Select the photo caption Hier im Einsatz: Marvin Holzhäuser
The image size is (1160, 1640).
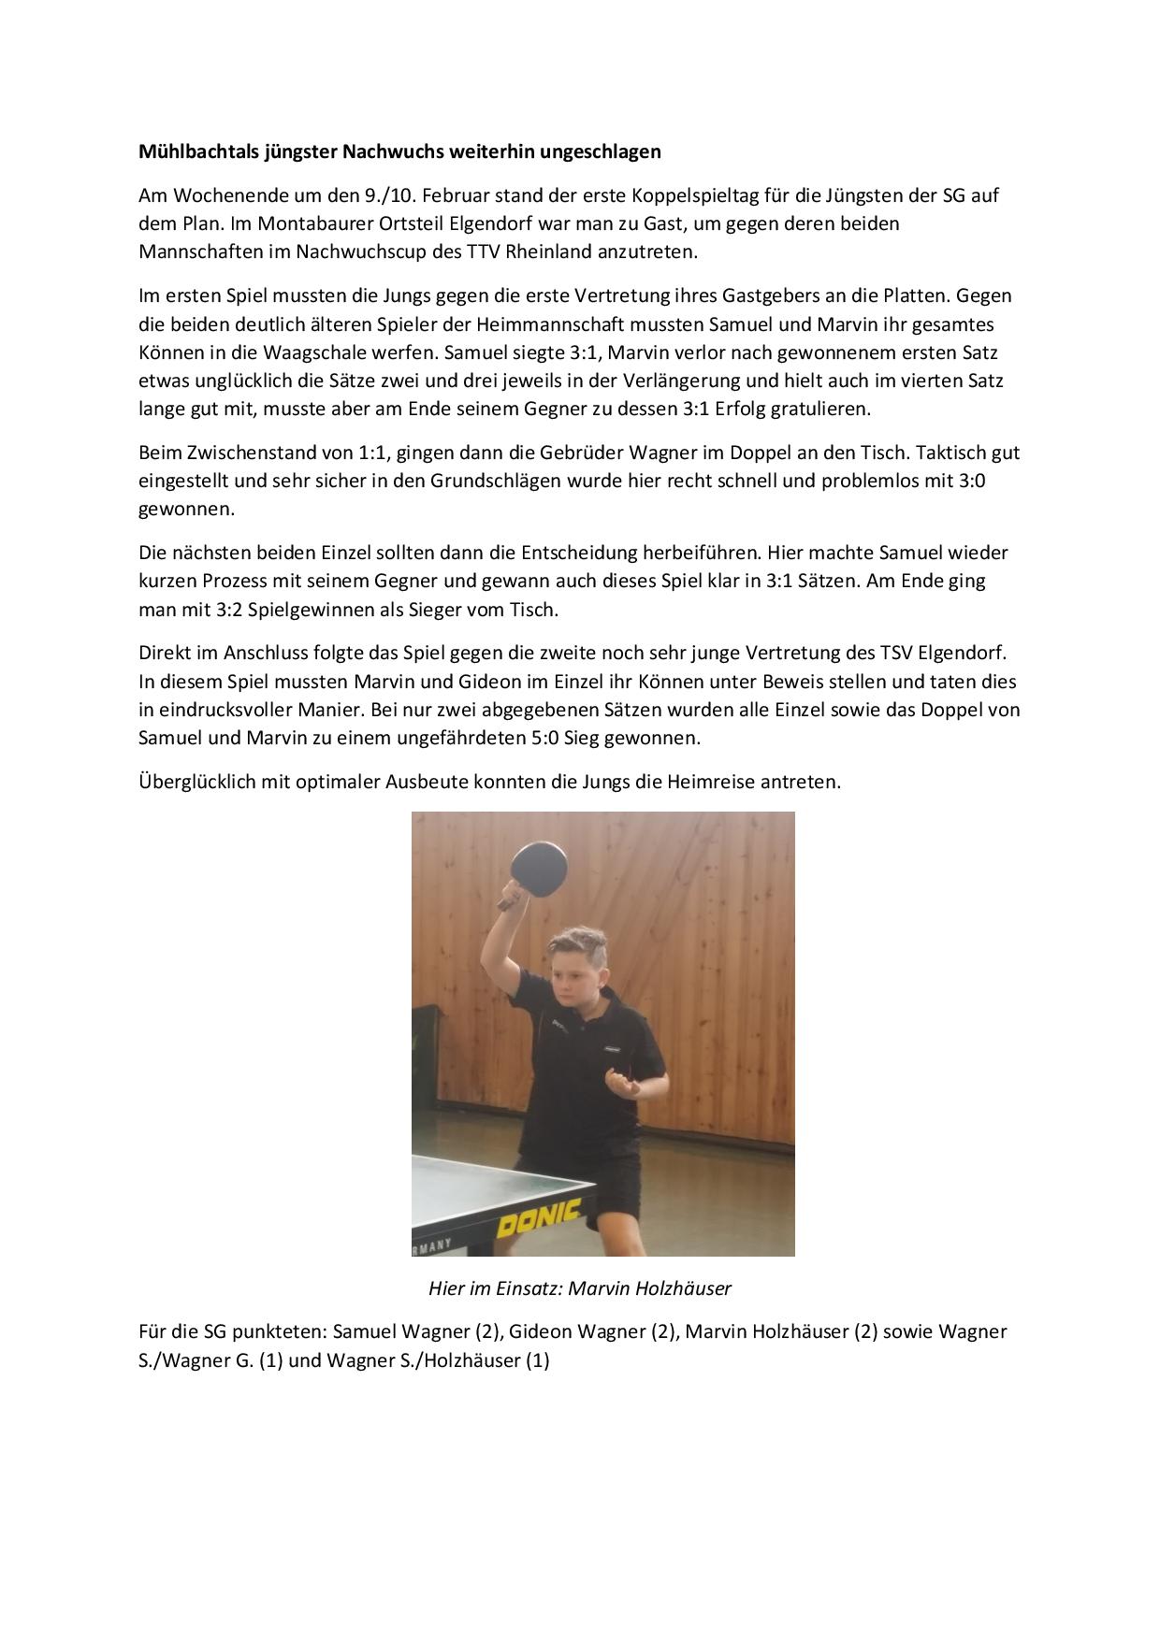point(580,1288)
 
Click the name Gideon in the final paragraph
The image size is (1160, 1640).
point(537,1331)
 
